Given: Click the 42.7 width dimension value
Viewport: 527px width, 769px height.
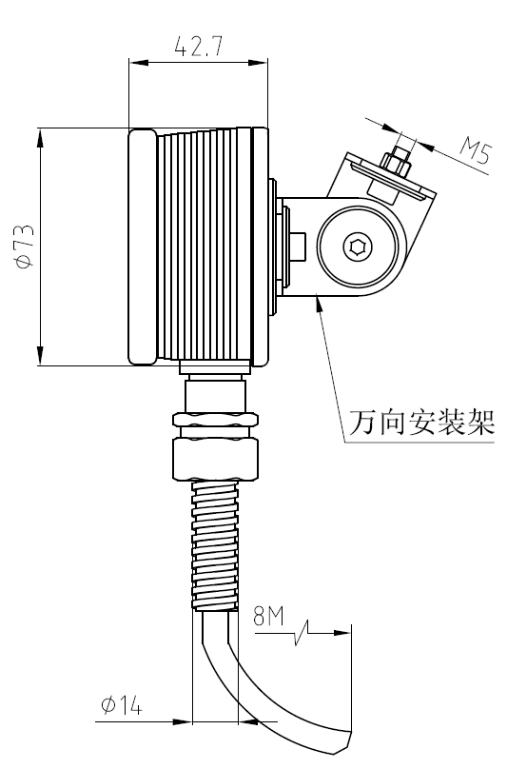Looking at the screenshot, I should click(x=198, y=47).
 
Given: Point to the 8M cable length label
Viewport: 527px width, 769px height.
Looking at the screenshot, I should click(x=269, y=616).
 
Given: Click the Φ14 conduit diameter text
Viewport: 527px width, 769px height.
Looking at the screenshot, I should click(x=121, y=705).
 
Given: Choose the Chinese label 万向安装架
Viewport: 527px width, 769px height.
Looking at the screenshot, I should click(x=421, y=421).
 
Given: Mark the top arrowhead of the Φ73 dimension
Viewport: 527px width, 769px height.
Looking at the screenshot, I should click(x=40, y=136).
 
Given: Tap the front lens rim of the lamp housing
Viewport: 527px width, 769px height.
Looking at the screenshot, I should click(x=142, y=246).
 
